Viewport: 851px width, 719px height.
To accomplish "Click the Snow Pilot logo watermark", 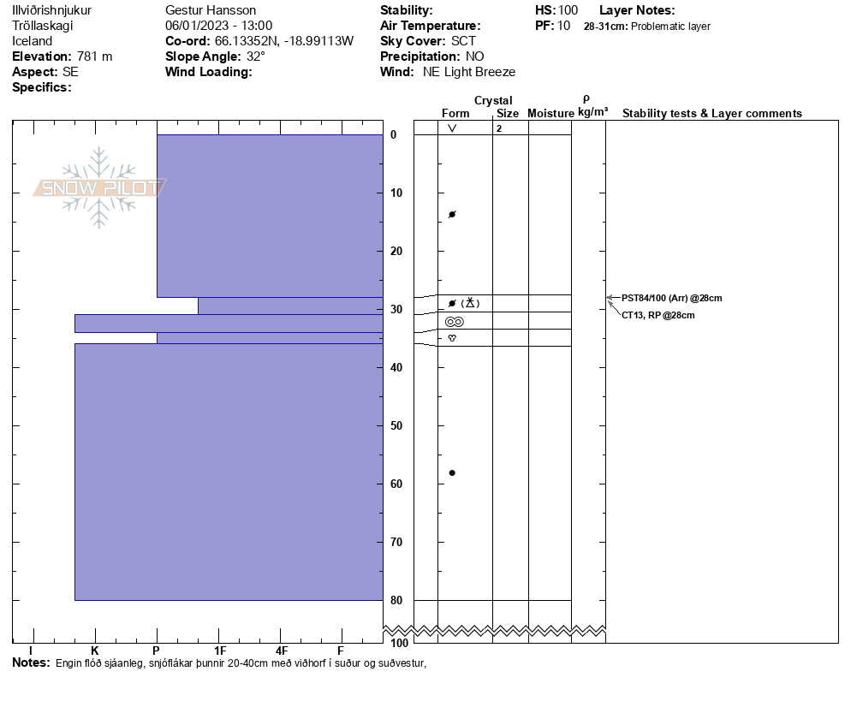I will (x=99, y=187).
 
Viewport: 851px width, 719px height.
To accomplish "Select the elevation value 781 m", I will (x=94, y=56).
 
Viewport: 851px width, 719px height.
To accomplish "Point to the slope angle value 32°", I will (x=256, y=56).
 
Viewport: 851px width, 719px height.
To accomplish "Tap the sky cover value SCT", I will (x=463, y=41).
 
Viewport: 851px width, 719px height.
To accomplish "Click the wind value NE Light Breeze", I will (x=469, y=72).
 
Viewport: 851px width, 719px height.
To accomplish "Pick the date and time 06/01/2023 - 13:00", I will (x=219, y=26).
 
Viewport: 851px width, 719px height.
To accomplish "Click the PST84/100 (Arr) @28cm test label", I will (x=672, y=298).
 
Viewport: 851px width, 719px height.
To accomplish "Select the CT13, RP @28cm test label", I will (x=658, y=315).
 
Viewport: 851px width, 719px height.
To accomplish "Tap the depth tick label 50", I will (x=396, y=425).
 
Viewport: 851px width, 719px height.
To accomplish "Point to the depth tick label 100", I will (x=398, y=643).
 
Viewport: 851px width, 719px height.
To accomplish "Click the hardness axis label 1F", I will (x=220, y=651).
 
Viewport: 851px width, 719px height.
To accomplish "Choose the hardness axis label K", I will (x=95, y=651).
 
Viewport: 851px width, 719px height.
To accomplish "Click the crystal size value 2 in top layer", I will (x=498, y=128).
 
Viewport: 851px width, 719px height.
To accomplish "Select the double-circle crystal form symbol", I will (x=454, y=322).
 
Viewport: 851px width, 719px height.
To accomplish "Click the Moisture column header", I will (x=550, y=113).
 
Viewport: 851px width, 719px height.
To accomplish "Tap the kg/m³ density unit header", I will (x=592, y=112).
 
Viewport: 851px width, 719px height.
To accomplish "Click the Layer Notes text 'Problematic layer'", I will (x=670, y=27).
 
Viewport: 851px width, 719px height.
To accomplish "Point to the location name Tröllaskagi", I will (x=43, y=26).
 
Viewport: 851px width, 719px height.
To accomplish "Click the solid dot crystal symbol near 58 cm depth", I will (x=452, y=472).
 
